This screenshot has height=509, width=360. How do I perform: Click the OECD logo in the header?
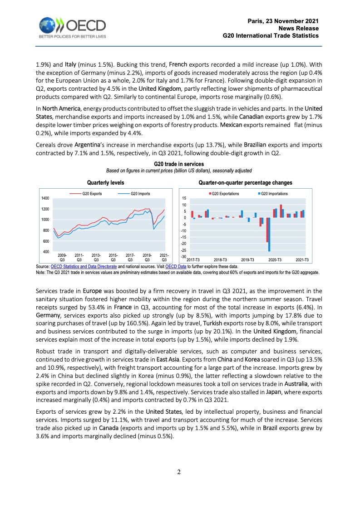pos(72,28)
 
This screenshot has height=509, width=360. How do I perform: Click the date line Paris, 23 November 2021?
pos(283,21)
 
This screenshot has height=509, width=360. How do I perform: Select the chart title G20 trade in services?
pos(179,164)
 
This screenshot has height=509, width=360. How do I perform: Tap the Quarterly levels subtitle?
pos(105,182)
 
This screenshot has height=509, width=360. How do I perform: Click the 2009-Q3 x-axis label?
pos(62,258)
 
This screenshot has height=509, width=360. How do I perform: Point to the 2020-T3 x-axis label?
pos(275,259)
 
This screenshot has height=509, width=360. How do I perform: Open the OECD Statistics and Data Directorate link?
pos(84,267)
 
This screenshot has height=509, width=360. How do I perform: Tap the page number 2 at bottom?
pos(179,472)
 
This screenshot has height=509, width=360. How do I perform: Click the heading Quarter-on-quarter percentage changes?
pos(245,182)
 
